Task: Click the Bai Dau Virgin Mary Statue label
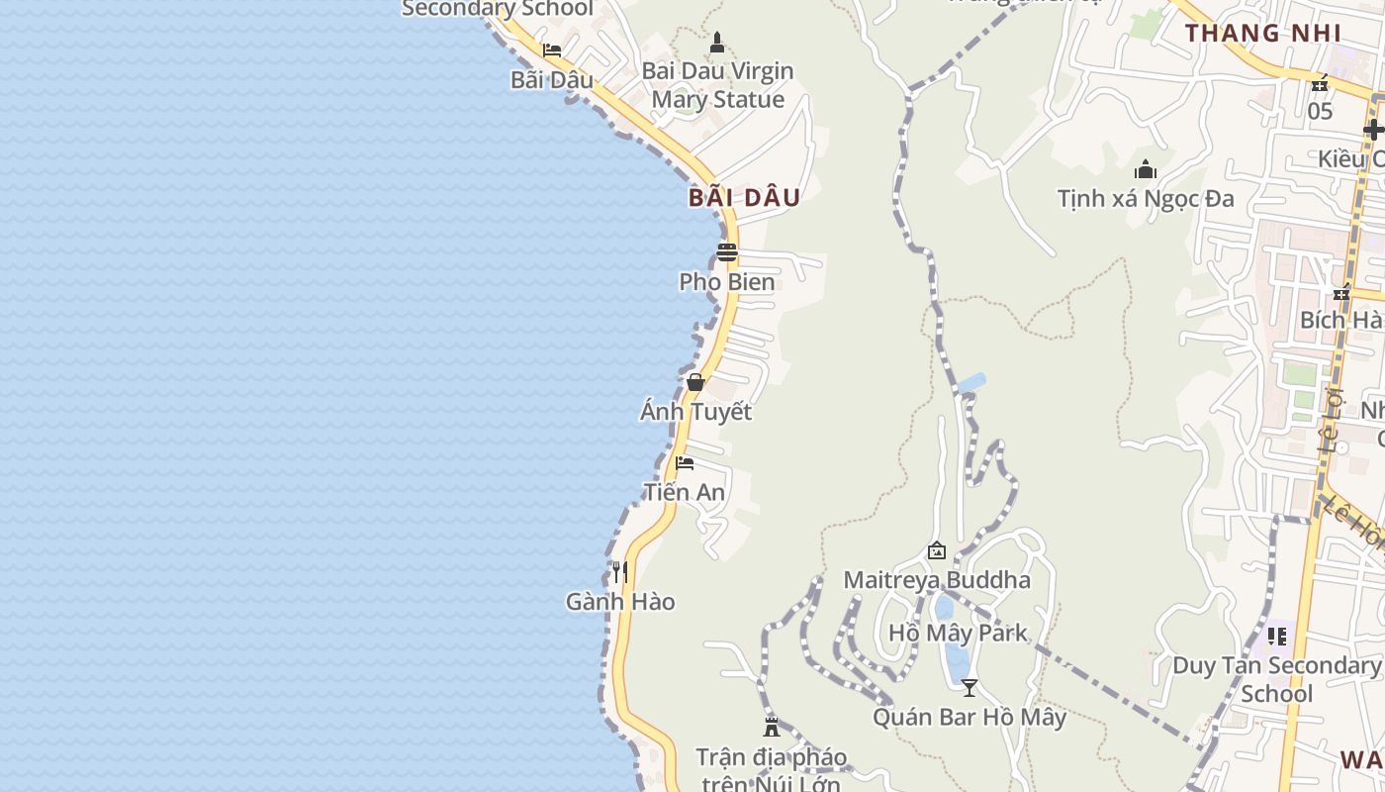coord(717,85)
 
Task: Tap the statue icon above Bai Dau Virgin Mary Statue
coord(717,43)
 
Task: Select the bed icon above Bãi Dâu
coord(552,50)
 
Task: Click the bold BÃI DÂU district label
coord(744,197)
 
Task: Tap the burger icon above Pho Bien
coord(727,252)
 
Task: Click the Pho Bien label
coord(727,282)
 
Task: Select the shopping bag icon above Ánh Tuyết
coord(695,382)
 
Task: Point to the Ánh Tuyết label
coord(695,412)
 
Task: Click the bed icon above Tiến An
coord(685,463)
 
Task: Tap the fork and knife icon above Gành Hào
coord(620,572)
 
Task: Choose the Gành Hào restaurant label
coord(620,602)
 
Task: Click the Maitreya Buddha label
coord(937,580)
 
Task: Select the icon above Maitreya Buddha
coord(937,550)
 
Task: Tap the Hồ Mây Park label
coord(958,634)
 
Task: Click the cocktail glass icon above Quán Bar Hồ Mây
coord(969,687)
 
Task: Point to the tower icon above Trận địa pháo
coord(772,727)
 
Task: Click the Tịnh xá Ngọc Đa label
coord(1146,199)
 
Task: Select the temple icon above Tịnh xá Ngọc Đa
coord(1146,170)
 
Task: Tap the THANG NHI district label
coord(1263,33)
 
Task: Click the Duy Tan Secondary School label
coord(1276,679)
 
